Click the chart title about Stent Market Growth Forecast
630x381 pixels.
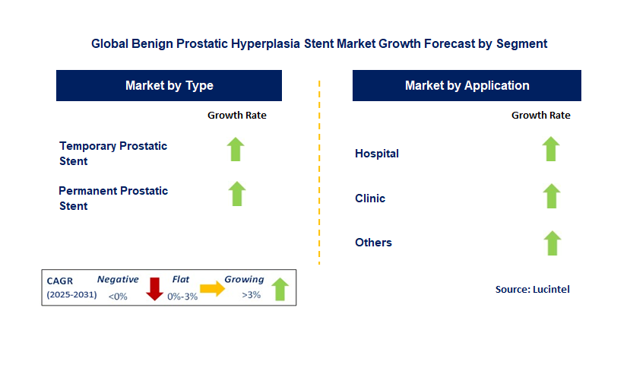(319, 44)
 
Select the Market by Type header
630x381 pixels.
(169, 86)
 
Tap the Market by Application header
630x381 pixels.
(467, 86)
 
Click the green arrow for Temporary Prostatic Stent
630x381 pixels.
(236, 149)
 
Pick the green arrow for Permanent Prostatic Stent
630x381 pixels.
(237, 194)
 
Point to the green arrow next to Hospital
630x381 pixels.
(551, 149)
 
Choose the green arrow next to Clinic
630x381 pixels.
(551, 195)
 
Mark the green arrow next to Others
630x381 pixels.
(552, 243)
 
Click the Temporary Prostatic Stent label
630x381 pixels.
(113, 153)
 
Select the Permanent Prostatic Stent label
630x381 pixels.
(113, 198)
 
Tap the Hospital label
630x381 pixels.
(377, 154)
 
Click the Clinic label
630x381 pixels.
(370, 198)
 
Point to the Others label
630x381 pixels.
(373, 243)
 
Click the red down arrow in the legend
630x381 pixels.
(155, 288)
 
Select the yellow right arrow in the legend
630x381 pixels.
(212, 288)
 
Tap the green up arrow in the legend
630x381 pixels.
(280, 289)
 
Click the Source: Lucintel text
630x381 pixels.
(532, 289)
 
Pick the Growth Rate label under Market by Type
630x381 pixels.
(237, 116)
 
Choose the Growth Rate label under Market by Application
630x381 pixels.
(540, 116)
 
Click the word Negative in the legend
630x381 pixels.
(118, 279)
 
